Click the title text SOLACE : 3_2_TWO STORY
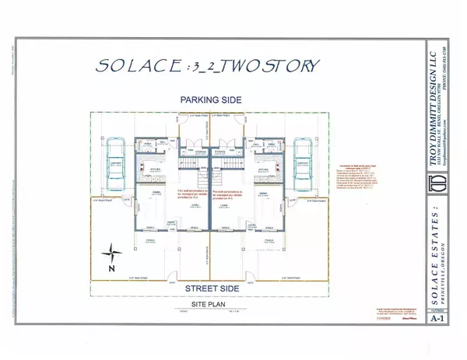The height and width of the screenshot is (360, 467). tap(208, 65)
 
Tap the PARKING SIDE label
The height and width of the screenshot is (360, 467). tap(209, 100)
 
